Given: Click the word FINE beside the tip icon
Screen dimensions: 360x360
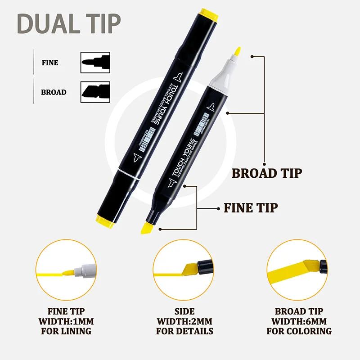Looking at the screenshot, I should (50, 63).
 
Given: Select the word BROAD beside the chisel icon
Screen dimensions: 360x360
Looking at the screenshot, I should (54, 92).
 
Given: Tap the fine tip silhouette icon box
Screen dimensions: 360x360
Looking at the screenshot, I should (95, 63).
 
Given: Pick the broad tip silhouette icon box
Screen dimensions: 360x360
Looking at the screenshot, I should (95, 92).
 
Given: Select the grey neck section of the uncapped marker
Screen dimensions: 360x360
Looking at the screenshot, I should (220, 76).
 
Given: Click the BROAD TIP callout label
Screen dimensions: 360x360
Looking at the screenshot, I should (266, 173).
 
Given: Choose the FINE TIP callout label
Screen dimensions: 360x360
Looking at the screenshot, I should (251, 207).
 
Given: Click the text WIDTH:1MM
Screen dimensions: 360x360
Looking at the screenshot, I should (66, 321).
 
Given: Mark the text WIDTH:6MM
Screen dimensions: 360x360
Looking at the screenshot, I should (299, 321).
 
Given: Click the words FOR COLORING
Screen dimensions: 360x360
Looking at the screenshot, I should (299, 331).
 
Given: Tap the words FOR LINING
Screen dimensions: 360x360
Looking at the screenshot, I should (66, 331).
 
